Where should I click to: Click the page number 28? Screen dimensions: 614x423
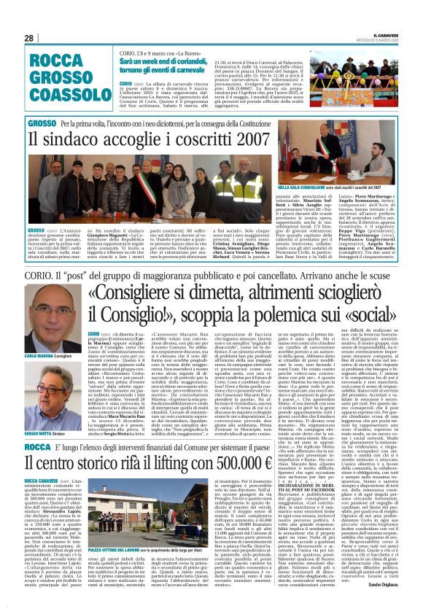(x=29, y=38)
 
